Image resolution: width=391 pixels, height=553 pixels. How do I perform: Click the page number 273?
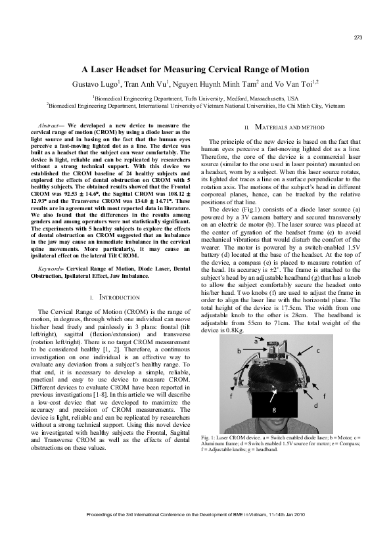click(x=358, y=37)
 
